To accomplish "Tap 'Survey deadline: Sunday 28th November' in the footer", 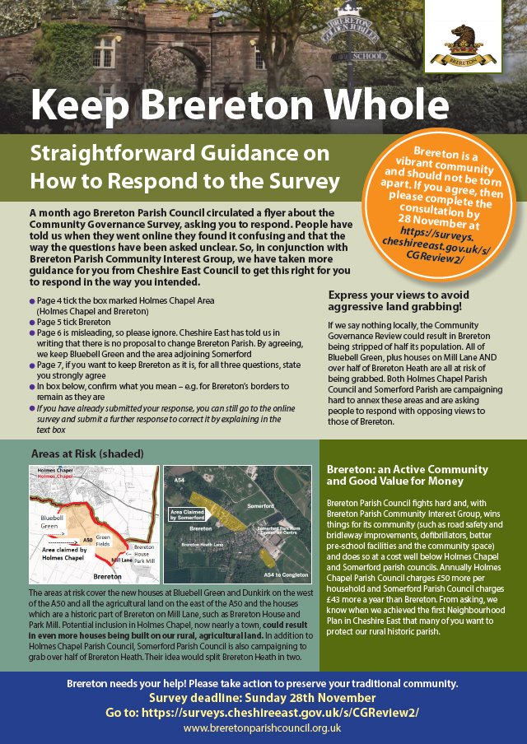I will [x=263, y=698].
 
